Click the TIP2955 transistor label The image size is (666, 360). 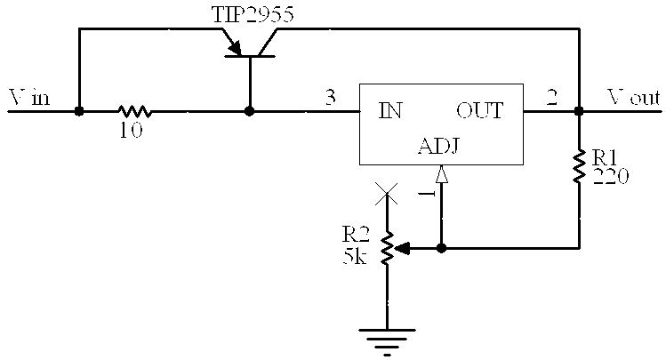tap(253, 14)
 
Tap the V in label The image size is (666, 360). tap(29, 97)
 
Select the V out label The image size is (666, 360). tap(634, 97)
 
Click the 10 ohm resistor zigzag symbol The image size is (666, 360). tap(134, 111)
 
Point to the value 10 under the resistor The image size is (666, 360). tap(131, 131)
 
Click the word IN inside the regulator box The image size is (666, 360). tap(390, 111)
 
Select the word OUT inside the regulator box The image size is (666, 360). tap(480, 111)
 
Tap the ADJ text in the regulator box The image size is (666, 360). tap(438, 146)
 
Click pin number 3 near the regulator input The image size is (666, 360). tap(331, 97)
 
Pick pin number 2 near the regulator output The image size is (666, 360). tap(551, 97)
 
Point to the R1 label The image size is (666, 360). tap(605, 158)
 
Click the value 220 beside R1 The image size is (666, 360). tap(610, 176)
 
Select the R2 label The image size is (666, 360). tap(356, 234)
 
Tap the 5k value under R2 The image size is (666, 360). tap(355, 256)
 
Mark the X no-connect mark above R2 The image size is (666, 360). tap(387, 194)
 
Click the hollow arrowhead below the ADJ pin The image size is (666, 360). tap(442, 174)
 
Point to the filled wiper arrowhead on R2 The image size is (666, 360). tap(402, 248)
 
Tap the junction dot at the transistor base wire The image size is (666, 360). tap(250, 111)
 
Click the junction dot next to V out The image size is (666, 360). tap(579, 111)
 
